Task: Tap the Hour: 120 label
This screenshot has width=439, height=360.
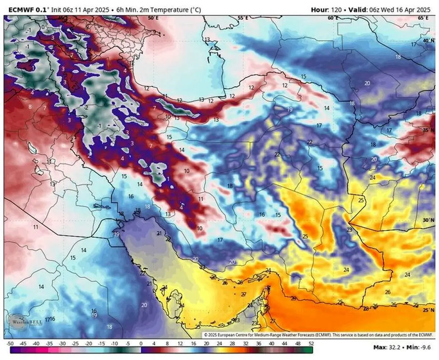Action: coord(324,10)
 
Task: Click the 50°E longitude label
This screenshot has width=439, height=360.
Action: coord(153,18)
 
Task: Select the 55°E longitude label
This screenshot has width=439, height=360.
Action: coord(243,18)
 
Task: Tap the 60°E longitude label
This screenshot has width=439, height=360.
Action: coord(333,18)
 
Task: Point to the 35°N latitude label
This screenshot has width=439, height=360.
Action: coord(428,130)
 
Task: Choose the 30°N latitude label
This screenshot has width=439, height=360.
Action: coord(428,220)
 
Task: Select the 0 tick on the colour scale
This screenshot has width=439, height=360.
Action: coord(141,344)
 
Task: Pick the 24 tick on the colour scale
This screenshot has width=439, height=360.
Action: coord(219,344)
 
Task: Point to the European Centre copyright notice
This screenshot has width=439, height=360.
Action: coord(318,334)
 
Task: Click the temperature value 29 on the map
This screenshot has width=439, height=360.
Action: coord(293,299)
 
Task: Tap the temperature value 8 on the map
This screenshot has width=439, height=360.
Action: coord(30,106)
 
